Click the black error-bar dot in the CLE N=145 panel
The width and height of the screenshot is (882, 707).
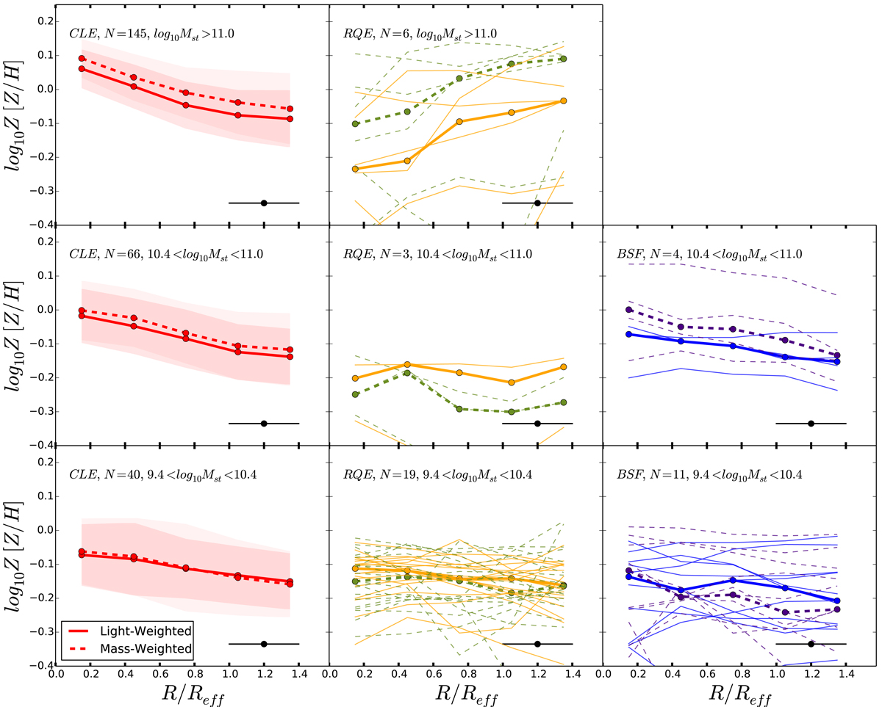pyautogui.click(x=264, y=203)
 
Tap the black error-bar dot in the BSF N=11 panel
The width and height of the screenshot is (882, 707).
pyautogui.click(x=811, y=644)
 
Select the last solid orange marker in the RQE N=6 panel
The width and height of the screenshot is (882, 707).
pyautogui.click(x=563, y=101)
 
